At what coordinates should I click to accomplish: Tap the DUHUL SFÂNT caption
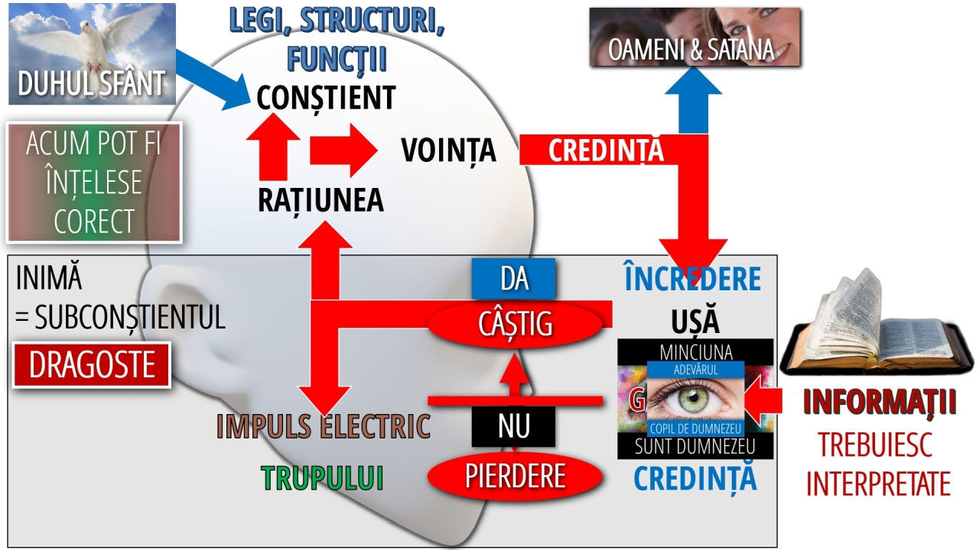tap(92, 83)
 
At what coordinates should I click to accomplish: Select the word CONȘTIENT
tap(326, 98)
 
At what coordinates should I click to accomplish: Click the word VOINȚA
tap(449, 150)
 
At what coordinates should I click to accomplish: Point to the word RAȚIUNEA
tap(320, 200)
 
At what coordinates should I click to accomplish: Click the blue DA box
tap(514, 279)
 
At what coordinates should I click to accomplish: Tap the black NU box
tap(513, 425)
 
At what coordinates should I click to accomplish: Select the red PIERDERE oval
tap(514, 476)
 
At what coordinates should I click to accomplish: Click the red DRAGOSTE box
tap(92, 366)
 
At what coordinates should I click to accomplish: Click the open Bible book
tap(872, 328)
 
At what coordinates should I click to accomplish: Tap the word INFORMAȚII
tap(880, 403)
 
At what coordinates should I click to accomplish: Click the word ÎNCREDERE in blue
tap(693, 279)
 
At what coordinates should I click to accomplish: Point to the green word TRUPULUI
tap(322, 477)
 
